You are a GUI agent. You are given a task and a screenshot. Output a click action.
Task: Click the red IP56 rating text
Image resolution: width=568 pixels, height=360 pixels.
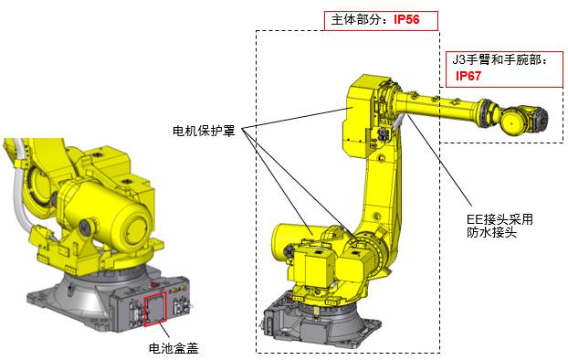click(x=406, y=19)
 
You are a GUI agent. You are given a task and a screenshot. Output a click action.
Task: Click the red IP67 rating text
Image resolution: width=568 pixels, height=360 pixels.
click(x=468, y=76)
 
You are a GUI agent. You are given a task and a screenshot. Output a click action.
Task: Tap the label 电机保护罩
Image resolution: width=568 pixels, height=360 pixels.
click(x=204, y=131)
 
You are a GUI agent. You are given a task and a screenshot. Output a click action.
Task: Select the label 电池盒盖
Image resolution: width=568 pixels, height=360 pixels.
click(x=174, y=348)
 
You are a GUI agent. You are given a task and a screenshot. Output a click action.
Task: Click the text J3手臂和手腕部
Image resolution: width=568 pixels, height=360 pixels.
click(x=500, y=59)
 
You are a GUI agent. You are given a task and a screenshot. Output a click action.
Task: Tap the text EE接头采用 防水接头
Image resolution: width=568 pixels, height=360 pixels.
click(x=500, y=226)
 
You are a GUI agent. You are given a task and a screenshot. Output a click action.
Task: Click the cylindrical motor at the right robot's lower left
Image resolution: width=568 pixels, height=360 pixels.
click(x=287, y=242)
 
